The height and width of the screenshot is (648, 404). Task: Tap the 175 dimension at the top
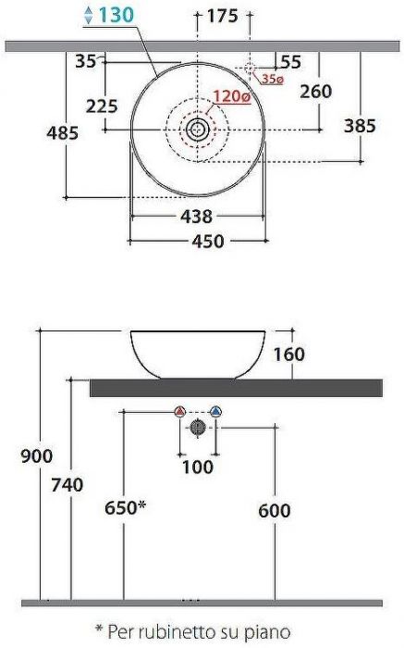(223, 16)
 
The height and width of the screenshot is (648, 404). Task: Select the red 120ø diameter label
(230, 96)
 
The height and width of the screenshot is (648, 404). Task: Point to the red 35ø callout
(272, 80)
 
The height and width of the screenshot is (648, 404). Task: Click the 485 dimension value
(63, 132)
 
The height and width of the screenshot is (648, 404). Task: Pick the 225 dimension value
(102, 106)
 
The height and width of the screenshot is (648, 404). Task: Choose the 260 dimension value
(317, 92)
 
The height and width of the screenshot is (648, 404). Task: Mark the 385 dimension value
(360, 126)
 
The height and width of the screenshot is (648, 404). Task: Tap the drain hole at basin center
(198, 130)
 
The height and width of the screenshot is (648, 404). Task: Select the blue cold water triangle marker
(215, 411)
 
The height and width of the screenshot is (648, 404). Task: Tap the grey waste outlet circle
(198, 427)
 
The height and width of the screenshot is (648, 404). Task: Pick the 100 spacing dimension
(197, 467)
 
